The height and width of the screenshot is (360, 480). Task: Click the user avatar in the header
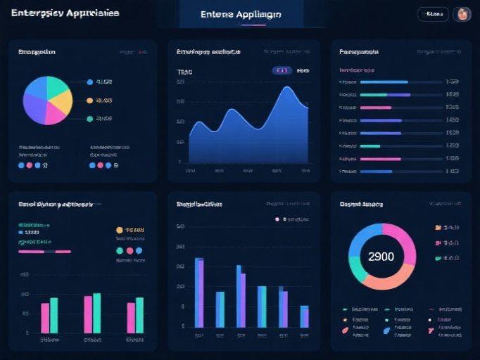462,14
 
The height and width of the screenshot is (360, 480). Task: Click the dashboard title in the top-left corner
65,13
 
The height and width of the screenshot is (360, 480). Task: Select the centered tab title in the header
241,14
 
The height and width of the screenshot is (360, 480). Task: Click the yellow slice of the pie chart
62,101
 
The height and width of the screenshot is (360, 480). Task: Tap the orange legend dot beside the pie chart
89,101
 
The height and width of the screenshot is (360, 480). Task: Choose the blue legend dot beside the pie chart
89,82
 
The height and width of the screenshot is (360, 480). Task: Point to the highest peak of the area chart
288,88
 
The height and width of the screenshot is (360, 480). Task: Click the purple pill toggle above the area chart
282,70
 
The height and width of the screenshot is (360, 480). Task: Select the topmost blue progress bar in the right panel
384,82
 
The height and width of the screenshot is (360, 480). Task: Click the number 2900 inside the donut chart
381,257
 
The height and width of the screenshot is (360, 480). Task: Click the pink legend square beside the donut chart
438,243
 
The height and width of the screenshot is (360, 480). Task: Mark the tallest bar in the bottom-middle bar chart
199,292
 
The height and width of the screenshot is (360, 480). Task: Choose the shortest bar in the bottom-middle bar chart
304,316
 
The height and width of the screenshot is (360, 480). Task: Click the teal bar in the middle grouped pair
97,313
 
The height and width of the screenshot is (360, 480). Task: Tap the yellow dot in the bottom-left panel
120,230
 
